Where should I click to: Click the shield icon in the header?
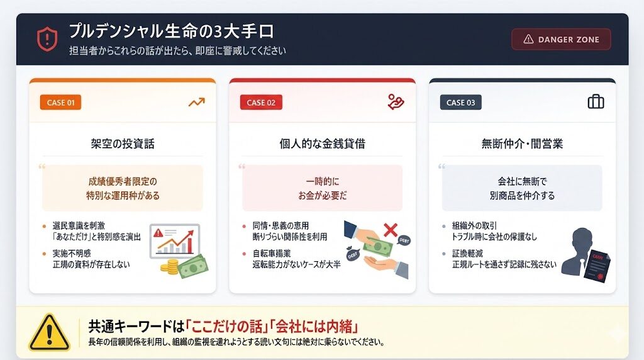(47, 39)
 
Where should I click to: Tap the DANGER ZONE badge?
(561, 39)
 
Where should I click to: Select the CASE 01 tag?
(60, 103)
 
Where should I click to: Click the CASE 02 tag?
(261, 103)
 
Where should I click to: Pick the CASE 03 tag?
(460, 103)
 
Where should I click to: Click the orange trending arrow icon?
(197, 102)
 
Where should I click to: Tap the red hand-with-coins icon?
(396, 102)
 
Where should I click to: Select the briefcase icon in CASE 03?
(596, 102)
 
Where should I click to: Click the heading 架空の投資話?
(123, 143)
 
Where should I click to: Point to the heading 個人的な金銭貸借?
(322, 143)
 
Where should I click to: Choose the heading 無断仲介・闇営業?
(522, 143)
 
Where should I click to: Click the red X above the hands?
(391, 230)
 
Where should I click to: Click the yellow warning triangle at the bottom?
(49, 332)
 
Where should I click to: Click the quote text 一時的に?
(322, 181)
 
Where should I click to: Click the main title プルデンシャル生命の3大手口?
(171, 31)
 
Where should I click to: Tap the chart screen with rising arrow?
(174, 240)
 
